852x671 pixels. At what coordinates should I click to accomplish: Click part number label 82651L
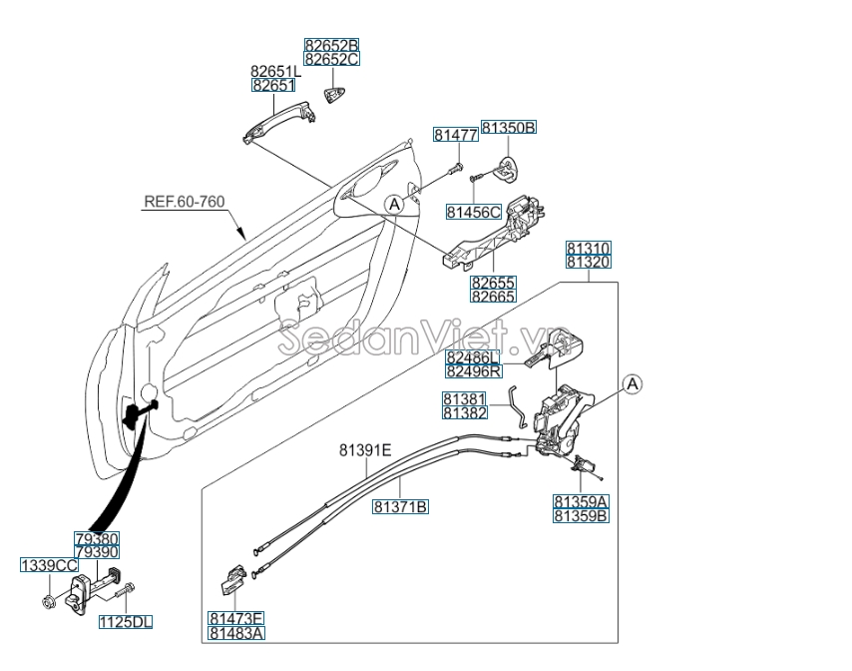(274, 72)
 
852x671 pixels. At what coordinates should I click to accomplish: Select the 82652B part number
(331, 45)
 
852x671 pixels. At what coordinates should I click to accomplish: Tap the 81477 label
(454, 134)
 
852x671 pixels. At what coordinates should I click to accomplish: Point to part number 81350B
(509, 128)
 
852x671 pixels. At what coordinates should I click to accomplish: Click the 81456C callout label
(474, 212)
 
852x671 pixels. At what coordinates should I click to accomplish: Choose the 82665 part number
(493, 297)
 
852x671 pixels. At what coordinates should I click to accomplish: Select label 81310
(589, 248)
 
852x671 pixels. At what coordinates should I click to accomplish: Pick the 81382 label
(464, 412)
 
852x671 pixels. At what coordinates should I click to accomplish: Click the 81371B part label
(401, 507)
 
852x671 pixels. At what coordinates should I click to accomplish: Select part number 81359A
(582, 501)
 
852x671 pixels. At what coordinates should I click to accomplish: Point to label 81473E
(236, 618)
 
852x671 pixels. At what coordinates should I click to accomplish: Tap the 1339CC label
(49, 565)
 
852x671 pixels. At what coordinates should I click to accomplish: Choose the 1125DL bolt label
(126, 622)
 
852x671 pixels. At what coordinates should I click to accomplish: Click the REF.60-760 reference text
(185, 202)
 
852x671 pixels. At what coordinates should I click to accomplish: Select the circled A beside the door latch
(632, 383)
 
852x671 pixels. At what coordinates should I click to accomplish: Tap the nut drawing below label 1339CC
(49, 600)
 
